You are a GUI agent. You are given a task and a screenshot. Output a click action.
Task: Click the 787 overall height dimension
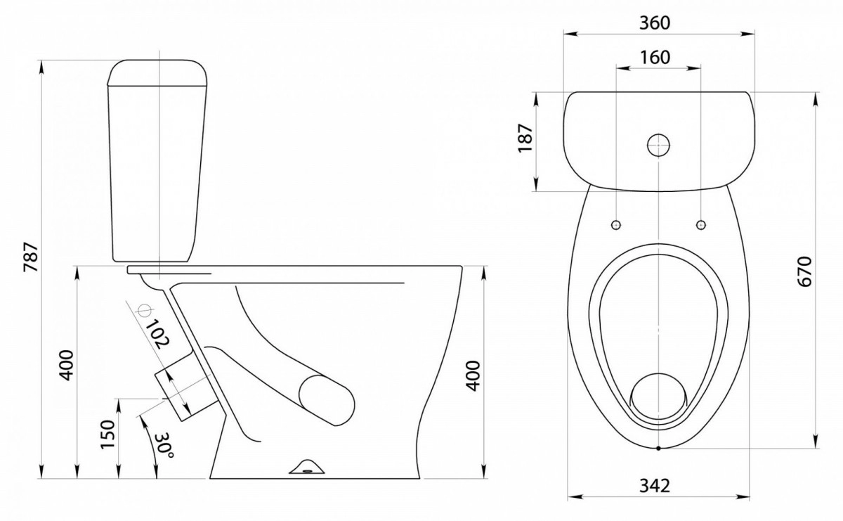(x=31, y=257)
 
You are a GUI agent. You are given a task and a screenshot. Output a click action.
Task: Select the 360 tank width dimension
(x=655, y=23)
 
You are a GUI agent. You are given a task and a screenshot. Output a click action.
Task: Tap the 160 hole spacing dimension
(x=655, y=57)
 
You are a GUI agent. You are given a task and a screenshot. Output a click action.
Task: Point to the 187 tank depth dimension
(x=525, y=138)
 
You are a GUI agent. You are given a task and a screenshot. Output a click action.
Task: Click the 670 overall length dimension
(x=804, y=271)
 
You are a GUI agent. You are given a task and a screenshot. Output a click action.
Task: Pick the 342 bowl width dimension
(x=655, y=486)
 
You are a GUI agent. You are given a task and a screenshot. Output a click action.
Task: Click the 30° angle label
(x=164, y=444)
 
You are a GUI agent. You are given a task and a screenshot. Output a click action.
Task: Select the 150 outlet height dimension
(x=107, y=435)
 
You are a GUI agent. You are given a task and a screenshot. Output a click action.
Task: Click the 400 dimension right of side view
(x=473, y=375)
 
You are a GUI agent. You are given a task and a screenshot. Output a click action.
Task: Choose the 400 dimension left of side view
(x=67, y=366)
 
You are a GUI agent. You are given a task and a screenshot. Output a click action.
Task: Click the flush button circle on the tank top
(x=659, y=145)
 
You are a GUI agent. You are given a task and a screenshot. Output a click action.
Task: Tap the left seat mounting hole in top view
(x=616, y=225)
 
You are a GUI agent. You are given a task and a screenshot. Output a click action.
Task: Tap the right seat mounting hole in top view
(x=701, y=225)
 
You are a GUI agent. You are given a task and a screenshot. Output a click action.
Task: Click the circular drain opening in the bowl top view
(x=658, y=397)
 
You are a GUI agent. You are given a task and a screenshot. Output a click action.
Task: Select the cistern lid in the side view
(x=158, y=72)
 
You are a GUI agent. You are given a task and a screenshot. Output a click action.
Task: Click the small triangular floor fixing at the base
(x=308, y=466)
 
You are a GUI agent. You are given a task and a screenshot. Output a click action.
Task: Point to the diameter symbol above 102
(x=144, y=310)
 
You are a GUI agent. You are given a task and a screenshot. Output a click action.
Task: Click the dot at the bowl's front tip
(x=658, y=449)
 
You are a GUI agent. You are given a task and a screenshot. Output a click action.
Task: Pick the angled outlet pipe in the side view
(x=185, y=388)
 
